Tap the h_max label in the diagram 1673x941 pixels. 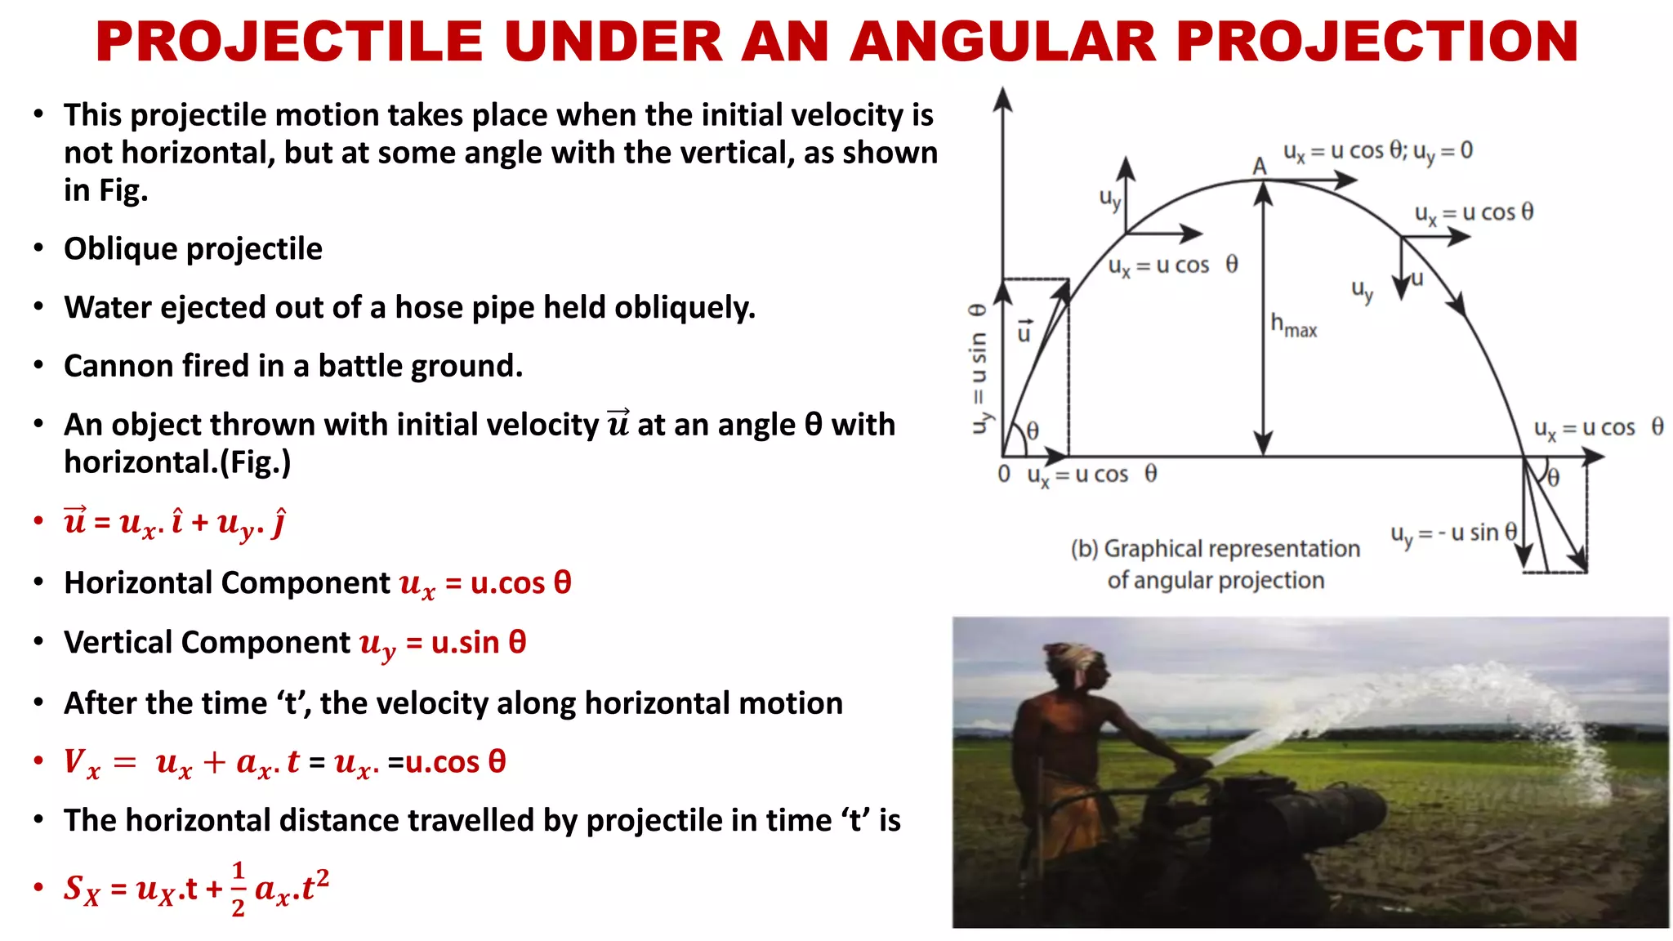[x=1293, y=325]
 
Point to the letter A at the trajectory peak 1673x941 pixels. [x=1259, y=166]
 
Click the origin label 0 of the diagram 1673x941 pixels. [x=1004, y=474]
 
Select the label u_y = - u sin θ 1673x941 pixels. [x=1453, y=533]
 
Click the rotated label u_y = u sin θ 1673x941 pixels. [x=979, y=368]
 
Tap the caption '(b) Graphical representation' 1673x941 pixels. [x=1215, y=549]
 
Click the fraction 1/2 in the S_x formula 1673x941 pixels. [x=238, y=889]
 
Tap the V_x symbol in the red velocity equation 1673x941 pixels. [x=81, y=763]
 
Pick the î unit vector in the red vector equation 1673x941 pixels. [x=176, y=521]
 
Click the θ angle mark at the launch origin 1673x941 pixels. [x=1033, y=430]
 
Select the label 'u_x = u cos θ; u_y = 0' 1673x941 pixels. [x=1377, y=151]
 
